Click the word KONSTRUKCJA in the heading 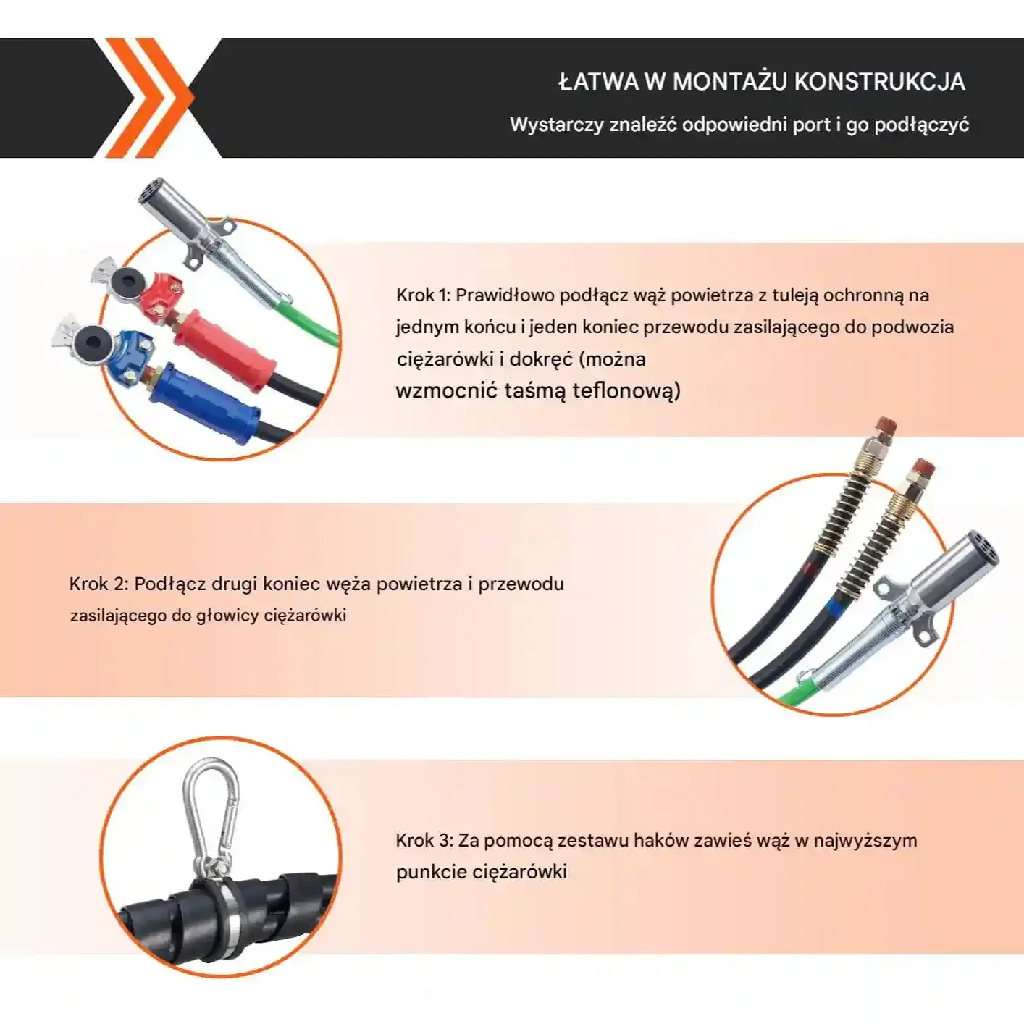click(x=879, y=82)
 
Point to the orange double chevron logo click(x=151, y=98)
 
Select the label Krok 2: click(x=98, y=584)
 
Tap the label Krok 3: click(x=424, y=840)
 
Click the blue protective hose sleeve click(x=205, y=405)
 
